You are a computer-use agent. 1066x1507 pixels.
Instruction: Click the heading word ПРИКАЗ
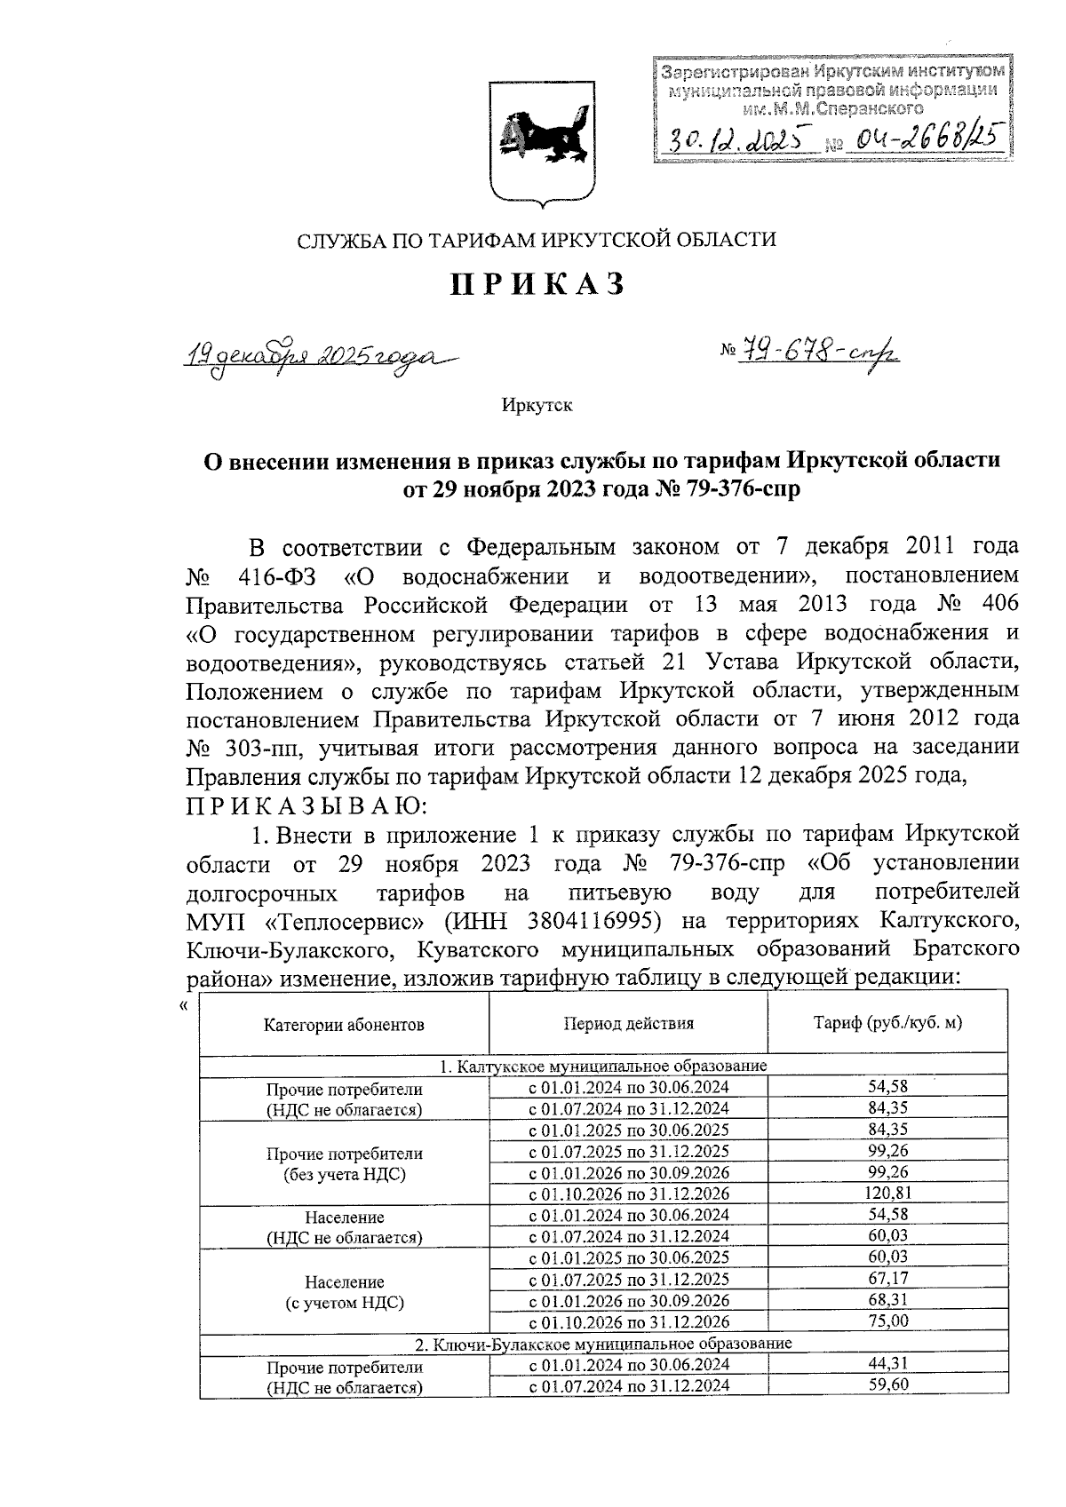[539, 284]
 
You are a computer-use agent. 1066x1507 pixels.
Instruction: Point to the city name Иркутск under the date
[537, 406]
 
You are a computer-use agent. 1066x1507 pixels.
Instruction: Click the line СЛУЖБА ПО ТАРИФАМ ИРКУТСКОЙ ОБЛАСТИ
[537, 240]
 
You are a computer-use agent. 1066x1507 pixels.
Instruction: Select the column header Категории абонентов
[344, 1024]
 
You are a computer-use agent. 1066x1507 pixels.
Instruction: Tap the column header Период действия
[628, 1023]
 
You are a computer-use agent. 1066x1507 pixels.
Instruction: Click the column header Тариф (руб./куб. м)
[887, 1022]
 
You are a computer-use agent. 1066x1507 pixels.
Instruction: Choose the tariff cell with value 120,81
[887, 1193]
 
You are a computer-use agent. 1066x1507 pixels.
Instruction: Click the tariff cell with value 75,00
[887, 1321]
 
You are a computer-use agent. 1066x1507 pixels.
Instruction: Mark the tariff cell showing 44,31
[887, 1363]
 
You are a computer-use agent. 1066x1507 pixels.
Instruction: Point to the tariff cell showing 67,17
[887, 1278]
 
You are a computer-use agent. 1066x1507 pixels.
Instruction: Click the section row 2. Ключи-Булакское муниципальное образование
[604, 1343]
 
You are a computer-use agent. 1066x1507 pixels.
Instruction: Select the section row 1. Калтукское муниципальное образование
[604, 1066]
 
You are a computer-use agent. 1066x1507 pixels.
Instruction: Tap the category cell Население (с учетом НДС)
[344, 1292]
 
